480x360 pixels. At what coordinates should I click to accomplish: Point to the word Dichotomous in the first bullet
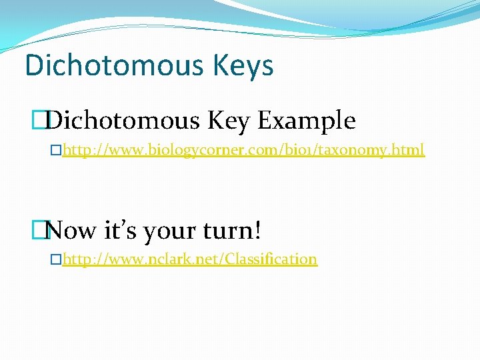click(x=124, y=121)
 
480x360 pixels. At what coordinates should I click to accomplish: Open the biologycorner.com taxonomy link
click(x=243, y=151)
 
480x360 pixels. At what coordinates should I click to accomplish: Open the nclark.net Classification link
click(x=190, y=259)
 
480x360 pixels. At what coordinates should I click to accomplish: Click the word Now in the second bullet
click(x=73, y=231)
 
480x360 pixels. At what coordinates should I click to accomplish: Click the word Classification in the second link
click(x=271, y=259)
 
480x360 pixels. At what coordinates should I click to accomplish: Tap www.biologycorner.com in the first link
click(x=189, y=151)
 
